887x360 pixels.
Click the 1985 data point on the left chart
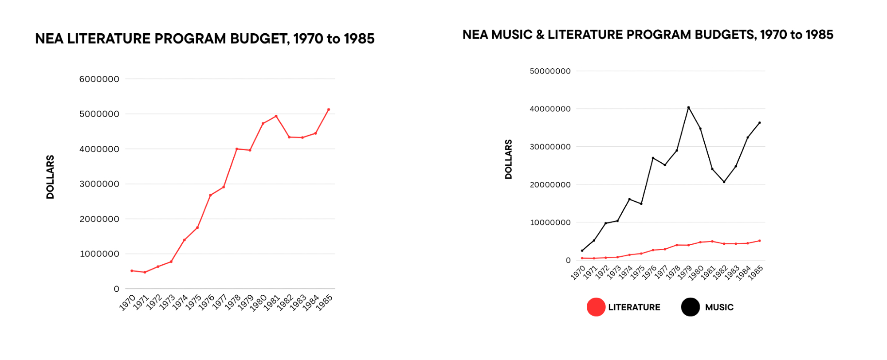329,110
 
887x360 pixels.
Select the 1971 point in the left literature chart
145,272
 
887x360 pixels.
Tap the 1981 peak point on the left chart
276,116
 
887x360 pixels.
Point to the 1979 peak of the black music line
688,107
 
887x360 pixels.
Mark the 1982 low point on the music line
724,182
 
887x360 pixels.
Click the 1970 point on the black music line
582,251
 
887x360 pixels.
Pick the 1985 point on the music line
759,123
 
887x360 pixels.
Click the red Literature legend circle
596,307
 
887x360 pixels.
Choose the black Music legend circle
690,307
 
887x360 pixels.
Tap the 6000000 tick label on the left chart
99,79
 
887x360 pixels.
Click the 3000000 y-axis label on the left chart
99,184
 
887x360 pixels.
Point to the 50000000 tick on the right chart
550,71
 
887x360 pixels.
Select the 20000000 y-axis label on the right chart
550,185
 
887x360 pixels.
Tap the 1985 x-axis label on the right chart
756,273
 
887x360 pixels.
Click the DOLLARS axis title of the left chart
50,177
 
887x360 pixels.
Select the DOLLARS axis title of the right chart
509,159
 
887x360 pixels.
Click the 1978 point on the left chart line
237,149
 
